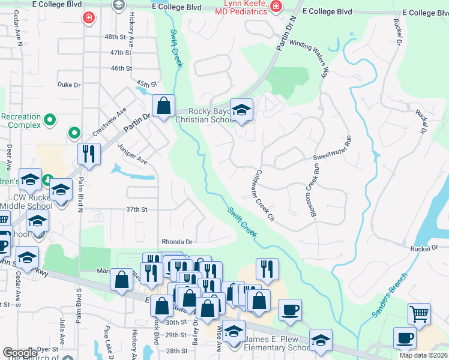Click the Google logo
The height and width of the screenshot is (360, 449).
20,353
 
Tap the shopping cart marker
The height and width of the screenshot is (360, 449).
419,313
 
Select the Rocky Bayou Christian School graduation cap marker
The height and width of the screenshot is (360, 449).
241,110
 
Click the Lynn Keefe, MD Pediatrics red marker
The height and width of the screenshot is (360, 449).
276,7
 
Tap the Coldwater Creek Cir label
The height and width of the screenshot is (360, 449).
262,193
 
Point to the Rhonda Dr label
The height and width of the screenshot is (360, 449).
176,242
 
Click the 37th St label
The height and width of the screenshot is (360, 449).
136,209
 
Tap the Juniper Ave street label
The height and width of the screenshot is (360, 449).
132,154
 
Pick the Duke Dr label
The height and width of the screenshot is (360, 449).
68,85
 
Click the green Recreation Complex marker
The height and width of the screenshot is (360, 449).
51,120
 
